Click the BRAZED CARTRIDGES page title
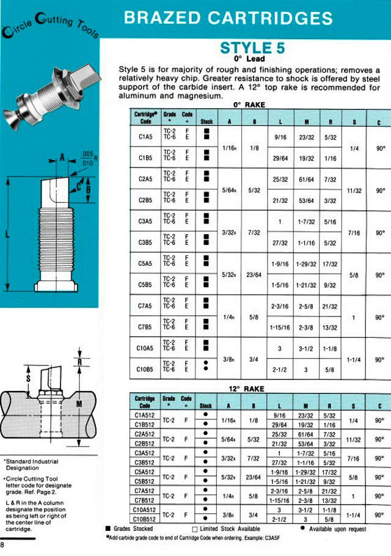(x=228, y=18)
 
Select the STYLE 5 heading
(x=252, y=48)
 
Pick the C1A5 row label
(x=145, y=137)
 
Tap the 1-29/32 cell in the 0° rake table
(x=305, y=264)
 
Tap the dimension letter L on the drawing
(x=7, y=234)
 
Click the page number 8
(x=3, y=545)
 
